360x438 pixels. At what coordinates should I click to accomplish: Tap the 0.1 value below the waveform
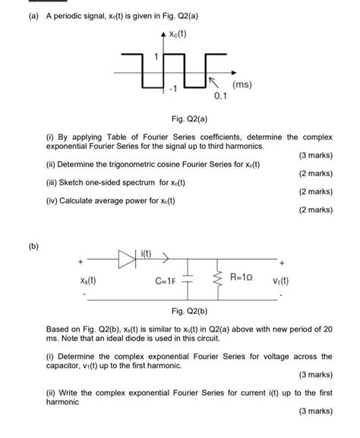pyautogui.click(x=221, y=98)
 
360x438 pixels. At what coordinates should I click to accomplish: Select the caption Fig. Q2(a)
pyautogui.click(x=179, y=120)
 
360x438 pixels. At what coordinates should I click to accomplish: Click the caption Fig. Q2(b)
pyautogui.click(x=179, y=311)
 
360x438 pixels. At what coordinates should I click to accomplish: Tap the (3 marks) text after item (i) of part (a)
pyautogui.click(x=314, y=156)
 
